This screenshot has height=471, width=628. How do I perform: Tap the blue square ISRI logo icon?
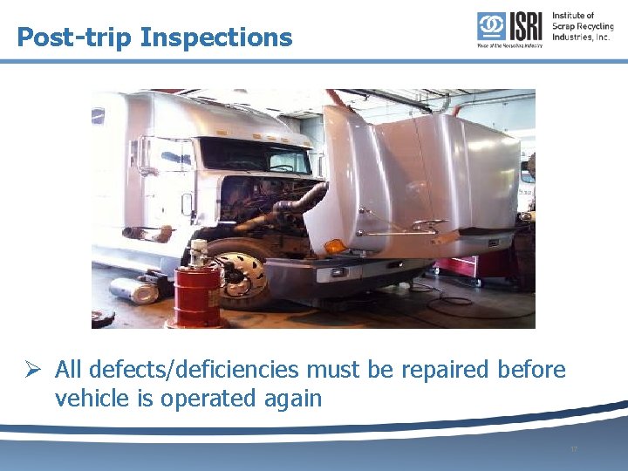coord(490,26)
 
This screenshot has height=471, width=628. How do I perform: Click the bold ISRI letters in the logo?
coord(525,26)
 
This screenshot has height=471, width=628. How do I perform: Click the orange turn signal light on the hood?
coord(336,247)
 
